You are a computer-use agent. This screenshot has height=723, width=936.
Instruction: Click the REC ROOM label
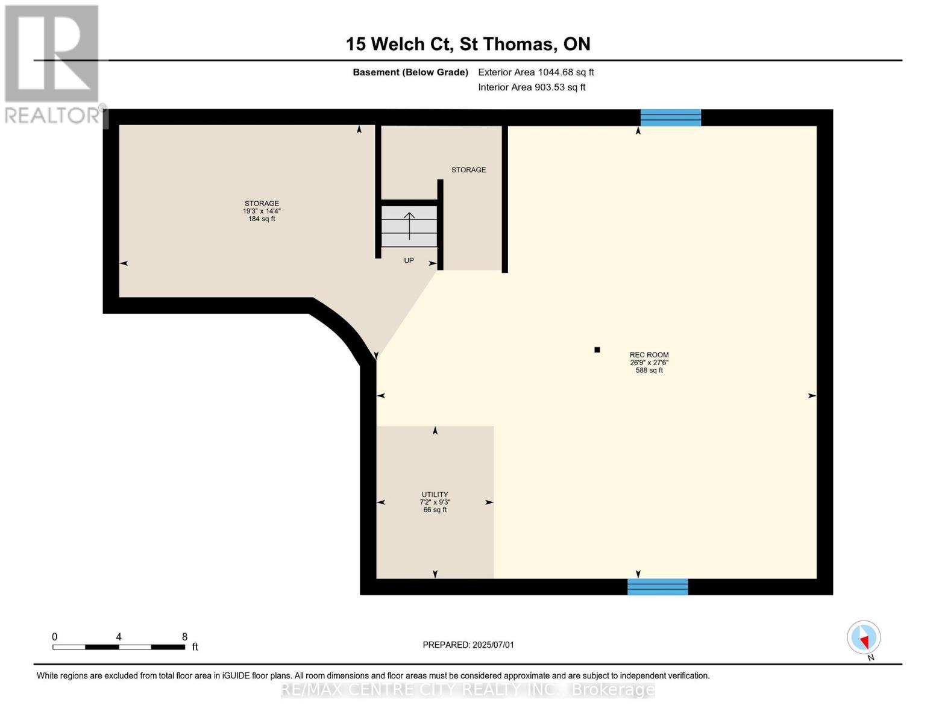pyautogui.click(x=649, y=355)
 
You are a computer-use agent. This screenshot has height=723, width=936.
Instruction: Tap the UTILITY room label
pyautogui.click(x=435, y=494)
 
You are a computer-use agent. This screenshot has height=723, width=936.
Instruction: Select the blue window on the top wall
pyautogui.click(x=671, y=117)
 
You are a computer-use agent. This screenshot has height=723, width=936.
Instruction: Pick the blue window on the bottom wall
pyautogui.click(x=658, y=587)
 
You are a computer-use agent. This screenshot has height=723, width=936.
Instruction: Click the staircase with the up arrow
pyautogui.click(x=409, y=226)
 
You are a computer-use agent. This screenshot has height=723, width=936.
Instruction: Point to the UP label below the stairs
pyautogui.click(x=409, y=260)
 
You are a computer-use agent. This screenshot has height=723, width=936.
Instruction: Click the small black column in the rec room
pyautogui.click(x=597, y=349)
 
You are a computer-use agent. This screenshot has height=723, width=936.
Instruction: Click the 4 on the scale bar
pyautogui.click(x=119, y=637)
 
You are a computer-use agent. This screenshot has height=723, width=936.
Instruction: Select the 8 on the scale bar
pyautogui.click(x=185, y=637)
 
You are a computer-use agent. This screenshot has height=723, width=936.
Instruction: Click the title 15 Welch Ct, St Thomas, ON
pyautogui.click(x=468, y=44)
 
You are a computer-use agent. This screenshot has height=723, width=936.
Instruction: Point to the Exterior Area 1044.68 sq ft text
pyautogui.click(x=536, y=72)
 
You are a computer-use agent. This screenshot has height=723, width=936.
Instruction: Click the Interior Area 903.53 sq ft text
pyautogui.click(x=532, y=87)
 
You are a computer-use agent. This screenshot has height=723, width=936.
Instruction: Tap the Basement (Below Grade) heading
pyautogui.click(x=410, y=72)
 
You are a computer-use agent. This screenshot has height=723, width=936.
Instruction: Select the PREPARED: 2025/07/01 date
pyautogui.click(x=468, y=645)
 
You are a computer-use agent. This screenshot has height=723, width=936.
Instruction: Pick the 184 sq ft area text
pyautogui.click(x=262, y=219)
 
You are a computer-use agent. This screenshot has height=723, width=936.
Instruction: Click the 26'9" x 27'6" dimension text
pyautogui.click(x=649, y=363)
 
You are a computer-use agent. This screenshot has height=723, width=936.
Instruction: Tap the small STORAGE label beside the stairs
pyautogui.click(x=469, y=170)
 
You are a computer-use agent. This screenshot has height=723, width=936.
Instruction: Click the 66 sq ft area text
pyautogui.click(x=435, y=510)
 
